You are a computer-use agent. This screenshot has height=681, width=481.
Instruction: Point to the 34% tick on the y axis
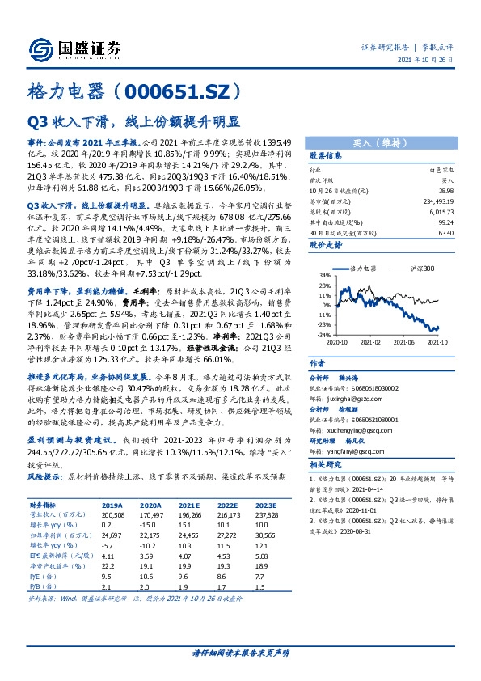pos(323,275)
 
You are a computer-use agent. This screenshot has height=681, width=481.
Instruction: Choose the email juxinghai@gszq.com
pos(337,399)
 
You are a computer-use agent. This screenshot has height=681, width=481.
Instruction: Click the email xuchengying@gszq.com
pos(341,430)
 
